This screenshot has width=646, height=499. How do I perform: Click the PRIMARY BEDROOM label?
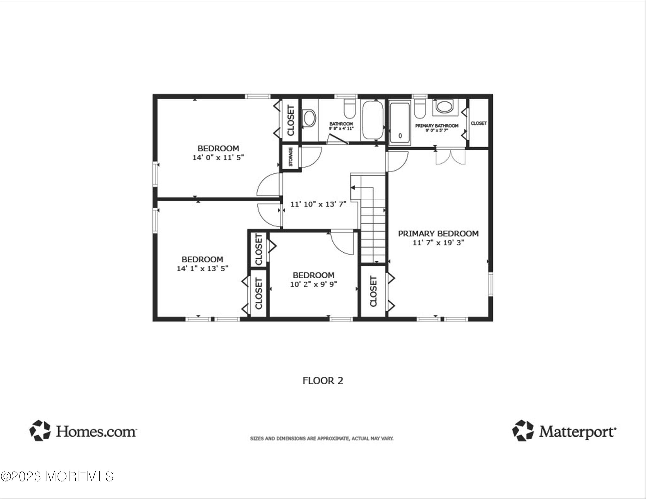[438, 234]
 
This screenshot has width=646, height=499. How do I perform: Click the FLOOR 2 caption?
[323, 381]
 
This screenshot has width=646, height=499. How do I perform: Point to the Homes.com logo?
[83, 431]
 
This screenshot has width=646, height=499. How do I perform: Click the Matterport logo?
[564, 431]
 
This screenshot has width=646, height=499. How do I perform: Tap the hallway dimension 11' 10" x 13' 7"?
[318, 204]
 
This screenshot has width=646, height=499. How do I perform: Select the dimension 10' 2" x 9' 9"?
[314, 284]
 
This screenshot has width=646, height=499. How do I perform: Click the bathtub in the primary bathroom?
[400, 123]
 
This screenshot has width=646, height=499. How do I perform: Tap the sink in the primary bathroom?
[444, 107]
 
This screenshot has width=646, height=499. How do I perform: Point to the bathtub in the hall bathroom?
[373, 120]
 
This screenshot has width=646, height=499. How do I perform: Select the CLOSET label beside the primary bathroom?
[479, 123]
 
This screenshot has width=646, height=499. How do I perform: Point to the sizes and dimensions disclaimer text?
[322, 439]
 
